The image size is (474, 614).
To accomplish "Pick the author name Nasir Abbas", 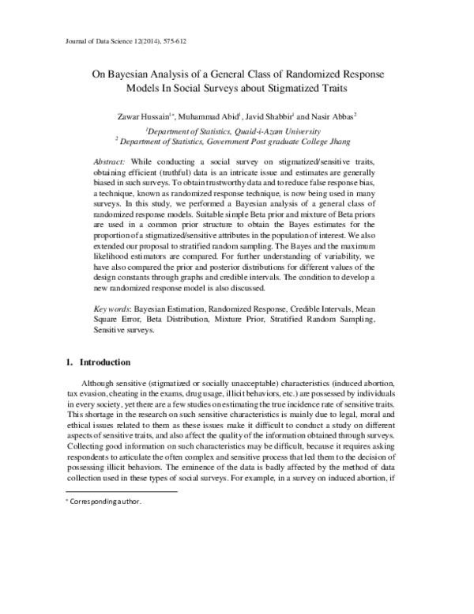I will click(x=335, y=116).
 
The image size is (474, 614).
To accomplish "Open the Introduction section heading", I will click(x=103, y=362).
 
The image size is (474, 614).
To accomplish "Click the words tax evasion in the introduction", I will click(x=86, y=394).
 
